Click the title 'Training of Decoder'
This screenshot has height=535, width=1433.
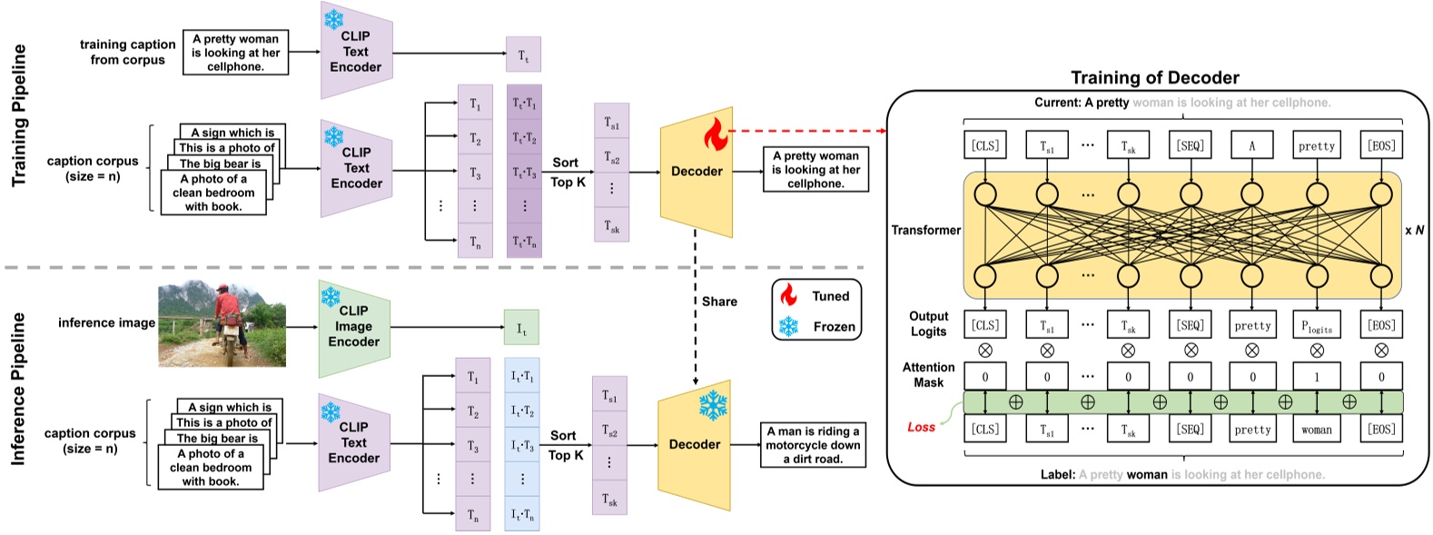1154,77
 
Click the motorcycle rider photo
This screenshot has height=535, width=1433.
222,324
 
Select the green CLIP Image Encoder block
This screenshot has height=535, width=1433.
354,327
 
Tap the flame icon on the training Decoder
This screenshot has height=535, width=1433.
716,135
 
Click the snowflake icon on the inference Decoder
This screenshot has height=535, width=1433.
713,405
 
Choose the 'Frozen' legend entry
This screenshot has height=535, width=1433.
834,326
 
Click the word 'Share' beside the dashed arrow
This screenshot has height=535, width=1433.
719,302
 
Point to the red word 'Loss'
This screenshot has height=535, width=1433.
921,427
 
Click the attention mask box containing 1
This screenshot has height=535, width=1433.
1317,376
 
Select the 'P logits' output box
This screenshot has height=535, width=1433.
1317,325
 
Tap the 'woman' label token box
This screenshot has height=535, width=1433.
1317,430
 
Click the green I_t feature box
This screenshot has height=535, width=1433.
521,328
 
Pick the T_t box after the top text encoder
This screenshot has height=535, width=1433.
523,54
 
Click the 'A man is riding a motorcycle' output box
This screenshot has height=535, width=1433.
813,445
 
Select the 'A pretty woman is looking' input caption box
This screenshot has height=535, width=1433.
235,53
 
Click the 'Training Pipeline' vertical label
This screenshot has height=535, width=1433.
19,115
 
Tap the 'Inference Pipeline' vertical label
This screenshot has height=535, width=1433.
18,389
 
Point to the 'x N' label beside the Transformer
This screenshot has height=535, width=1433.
1414,231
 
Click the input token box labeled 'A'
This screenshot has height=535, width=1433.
1251,145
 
